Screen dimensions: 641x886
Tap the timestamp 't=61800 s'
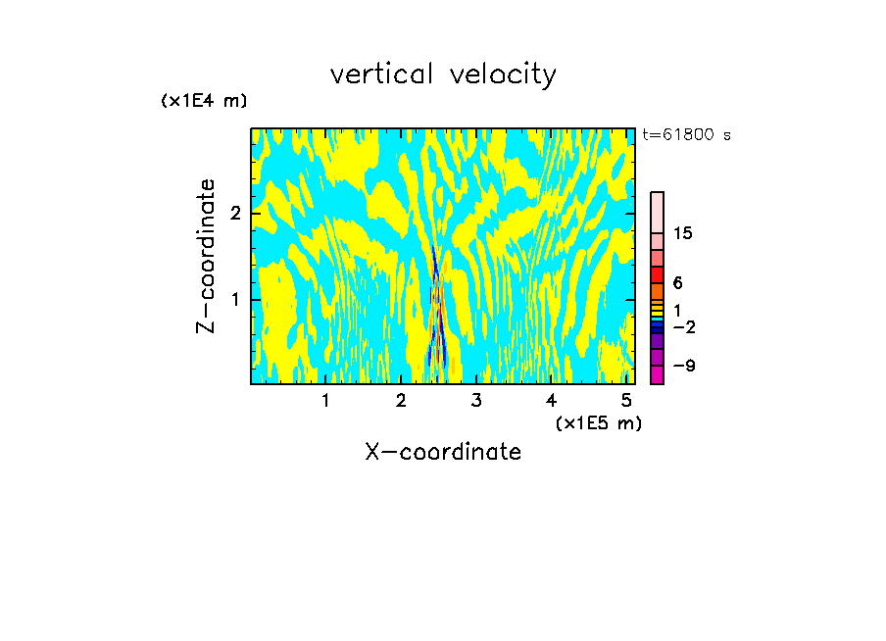(686, 135)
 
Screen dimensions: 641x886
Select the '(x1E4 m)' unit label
(204, 100)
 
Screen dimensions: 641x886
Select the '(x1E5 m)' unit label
(598, 422)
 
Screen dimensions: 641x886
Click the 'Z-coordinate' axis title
(206, 256)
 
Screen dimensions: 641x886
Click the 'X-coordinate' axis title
(443, 452)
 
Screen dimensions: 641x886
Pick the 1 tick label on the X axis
(325, 401)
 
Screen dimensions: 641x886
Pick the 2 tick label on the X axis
(401, 401)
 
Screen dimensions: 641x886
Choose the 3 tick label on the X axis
(476, 401)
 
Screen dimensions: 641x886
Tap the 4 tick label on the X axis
(552, 401)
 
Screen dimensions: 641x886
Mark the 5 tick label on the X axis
(626, 401)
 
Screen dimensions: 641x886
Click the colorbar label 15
(683, 233)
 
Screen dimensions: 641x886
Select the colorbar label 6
(677, 282)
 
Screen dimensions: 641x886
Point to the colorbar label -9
(683, 366)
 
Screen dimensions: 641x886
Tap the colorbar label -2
(683, 326)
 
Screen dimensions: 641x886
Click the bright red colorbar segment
(657, 274)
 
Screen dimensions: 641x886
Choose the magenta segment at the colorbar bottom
(657, 374)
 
